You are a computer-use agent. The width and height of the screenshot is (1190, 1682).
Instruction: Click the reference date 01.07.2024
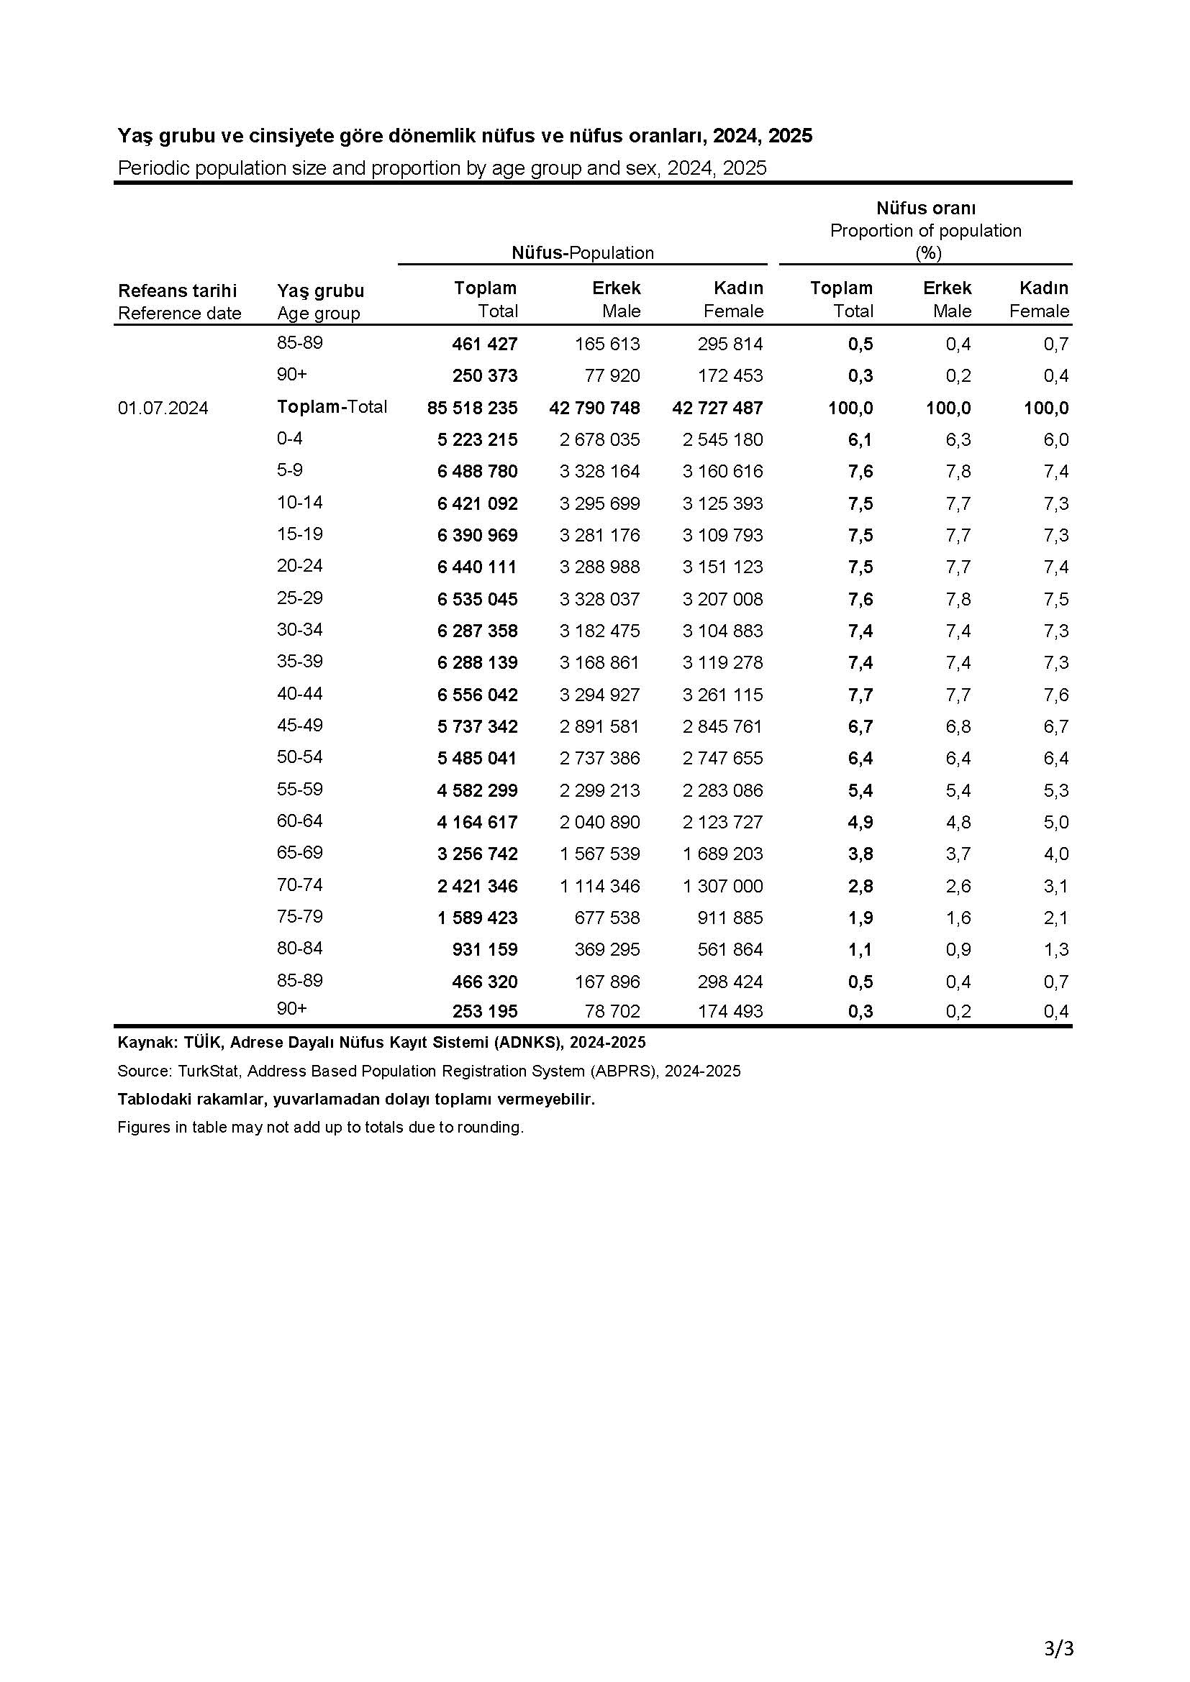pos(163,408)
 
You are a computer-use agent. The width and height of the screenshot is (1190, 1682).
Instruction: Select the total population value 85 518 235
pos(472,408)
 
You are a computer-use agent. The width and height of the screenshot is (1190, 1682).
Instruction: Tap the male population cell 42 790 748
pos(594,408)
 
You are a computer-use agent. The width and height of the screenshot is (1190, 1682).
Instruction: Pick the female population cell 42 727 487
pos(717,408)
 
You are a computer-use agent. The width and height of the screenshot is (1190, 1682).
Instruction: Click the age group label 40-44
pos(300,693)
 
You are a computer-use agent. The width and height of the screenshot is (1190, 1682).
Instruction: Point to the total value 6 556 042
pos(477,695)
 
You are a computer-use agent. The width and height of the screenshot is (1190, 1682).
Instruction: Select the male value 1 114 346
pos(599,886)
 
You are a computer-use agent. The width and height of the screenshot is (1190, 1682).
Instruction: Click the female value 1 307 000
pos(722,886)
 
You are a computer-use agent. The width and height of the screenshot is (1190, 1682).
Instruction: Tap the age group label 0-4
pos(289,438)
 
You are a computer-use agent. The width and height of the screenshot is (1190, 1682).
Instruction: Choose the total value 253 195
pos(484,1011)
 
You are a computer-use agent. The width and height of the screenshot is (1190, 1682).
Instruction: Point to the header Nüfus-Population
pos(583,252)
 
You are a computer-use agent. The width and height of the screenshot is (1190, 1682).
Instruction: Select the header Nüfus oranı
pos(925,208)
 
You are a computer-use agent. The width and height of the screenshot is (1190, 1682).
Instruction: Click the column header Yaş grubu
pos(320,290)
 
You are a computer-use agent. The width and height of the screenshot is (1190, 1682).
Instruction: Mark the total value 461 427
pos(484,344)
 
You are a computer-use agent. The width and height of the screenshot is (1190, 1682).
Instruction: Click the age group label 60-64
pos(300,821)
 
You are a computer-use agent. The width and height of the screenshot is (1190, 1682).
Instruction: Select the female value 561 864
pos(730,949)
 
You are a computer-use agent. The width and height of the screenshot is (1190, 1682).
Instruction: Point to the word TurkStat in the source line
pos(208,1071)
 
